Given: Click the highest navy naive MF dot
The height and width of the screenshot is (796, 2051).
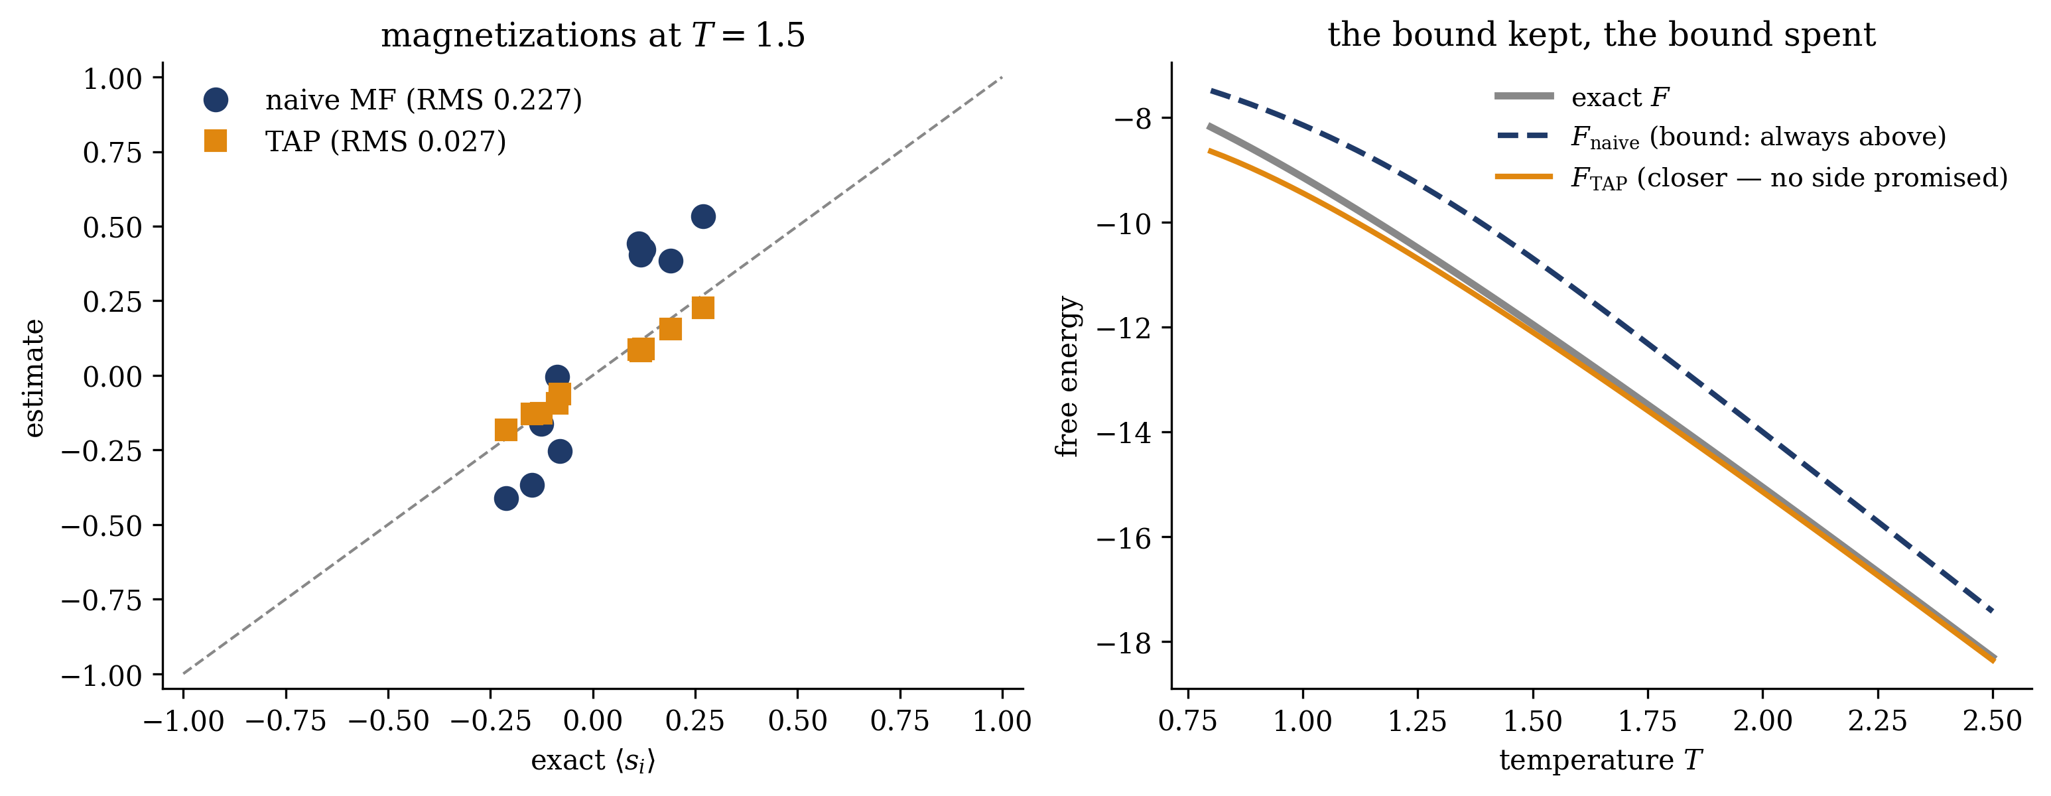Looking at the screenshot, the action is click(x=703, y=216).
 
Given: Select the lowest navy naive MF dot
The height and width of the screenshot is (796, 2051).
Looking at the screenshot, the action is click(x=506, y=499).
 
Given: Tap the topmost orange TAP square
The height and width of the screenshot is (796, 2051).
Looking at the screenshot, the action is click(x=703, y=308).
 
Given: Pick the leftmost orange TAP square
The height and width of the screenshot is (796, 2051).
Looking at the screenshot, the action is click(x=506, y=430).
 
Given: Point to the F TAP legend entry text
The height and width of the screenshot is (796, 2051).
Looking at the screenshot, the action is click(x=1789, y=178).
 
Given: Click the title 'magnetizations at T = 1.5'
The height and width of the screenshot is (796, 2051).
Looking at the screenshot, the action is click(x=593, y=36).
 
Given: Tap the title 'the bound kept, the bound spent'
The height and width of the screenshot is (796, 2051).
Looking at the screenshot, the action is click(x=1602, y=35).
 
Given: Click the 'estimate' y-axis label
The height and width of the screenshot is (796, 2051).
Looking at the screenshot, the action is click(x=33, y=378).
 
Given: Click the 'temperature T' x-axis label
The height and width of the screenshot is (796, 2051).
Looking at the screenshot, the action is click(x=1601, y=760).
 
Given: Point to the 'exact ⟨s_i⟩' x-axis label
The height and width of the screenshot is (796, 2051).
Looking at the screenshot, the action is click(x=593, y=761).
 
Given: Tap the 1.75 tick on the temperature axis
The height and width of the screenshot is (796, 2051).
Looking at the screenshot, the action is click(x=1648, y=721).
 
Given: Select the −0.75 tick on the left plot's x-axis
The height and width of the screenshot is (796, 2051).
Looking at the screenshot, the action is click(x=285, y=721).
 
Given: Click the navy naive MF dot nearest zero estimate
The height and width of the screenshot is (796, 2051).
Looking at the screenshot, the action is click(x=557, y=377).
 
